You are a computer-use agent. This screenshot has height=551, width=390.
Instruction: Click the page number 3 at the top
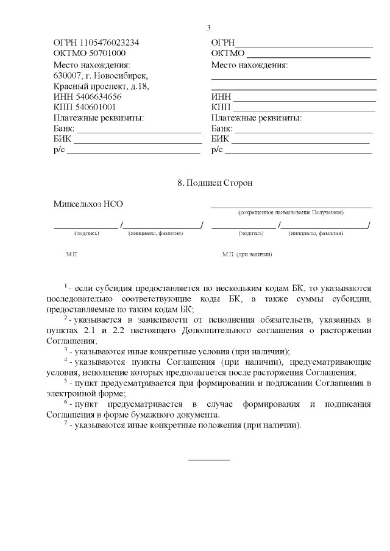[x=209, y=27]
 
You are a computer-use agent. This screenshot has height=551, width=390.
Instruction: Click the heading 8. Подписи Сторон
[x=214, y=183]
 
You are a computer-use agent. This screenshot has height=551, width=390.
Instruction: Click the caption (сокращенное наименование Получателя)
[x=291, y=212]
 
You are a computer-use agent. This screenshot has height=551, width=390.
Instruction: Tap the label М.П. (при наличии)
[x=247, y=254]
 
